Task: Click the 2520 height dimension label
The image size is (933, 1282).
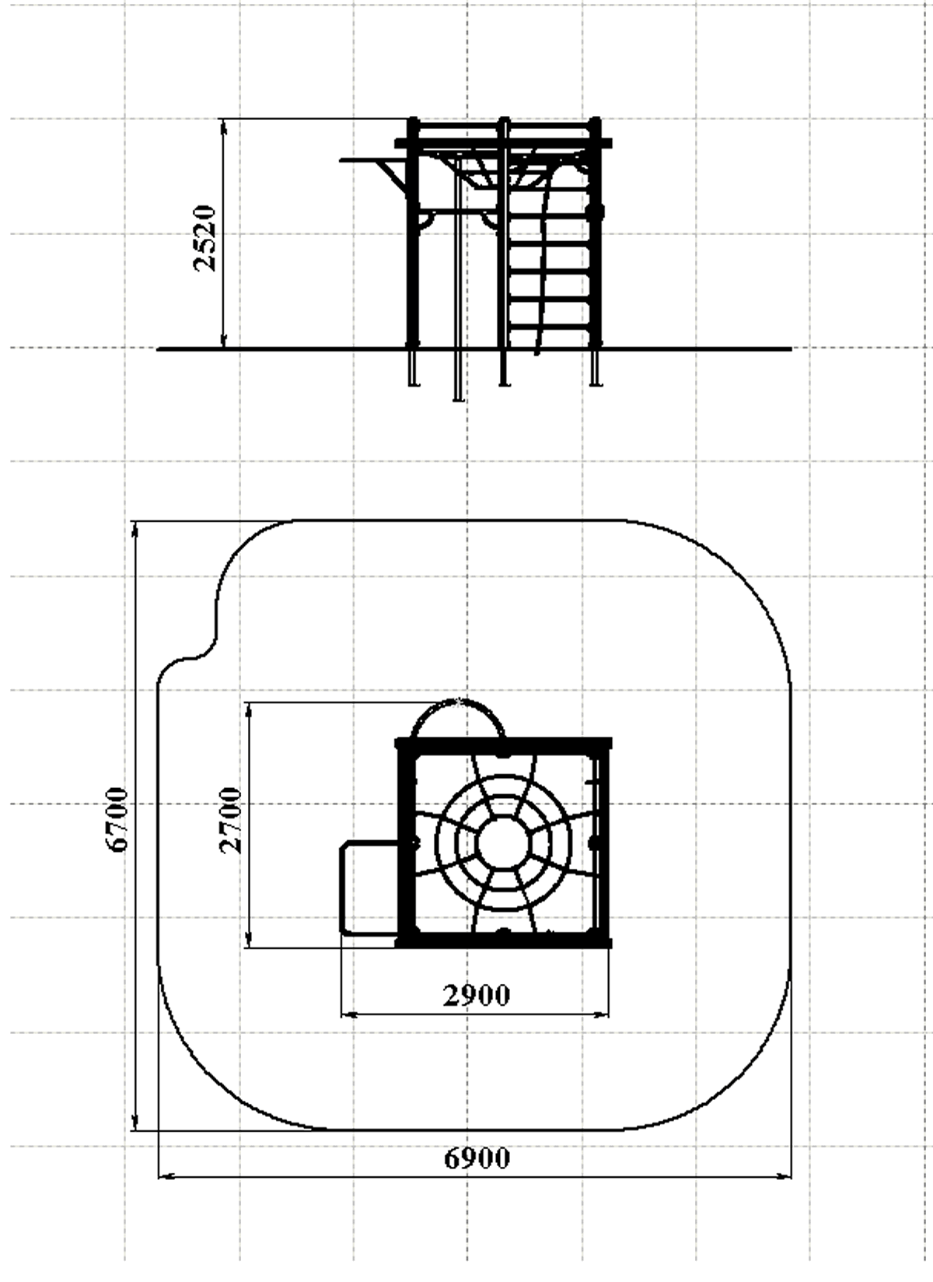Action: click(204, 237)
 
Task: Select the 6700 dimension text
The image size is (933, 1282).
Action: click(117, 820)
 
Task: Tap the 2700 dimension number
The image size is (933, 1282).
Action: click(231, 820)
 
